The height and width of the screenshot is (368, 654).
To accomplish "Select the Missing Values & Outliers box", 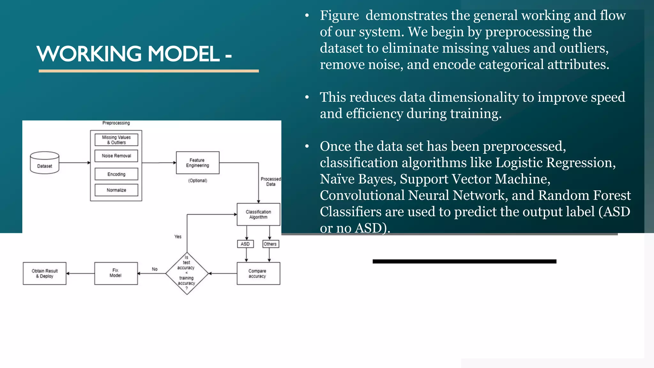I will pyautogui.click(x=116, y=140).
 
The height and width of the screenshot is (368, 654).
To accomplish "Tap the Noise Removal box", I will pyautogui.click(x=116, y=156).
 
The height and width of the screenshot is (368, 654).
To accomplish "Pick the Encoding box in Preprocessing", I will pyautogui.click(x=116, y=174).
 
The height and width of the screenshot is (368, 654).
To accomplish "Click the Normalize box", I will pyautogui.click(x=116, y=190).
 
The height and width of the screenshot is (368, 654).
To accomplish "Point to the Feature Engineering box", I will pyautogui.click(x=198, y=163).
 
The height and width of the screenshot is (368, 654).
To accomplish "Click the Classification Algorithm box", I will pyautogui.click(x=258, y=214).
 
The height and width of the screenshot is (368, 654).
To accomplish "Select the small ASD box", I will pyautogui.click(x=245, y=244).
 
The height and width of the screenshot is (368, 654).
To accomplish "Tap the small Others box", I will pyautogui.click(x=270, y=244).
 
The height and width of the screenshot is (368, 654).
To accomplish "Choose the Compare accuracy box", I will pyautogui.click(x=258, y=273).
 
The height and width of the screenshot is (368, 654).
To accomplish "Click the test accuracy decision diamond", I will pyautogui.click(x=187, y=273).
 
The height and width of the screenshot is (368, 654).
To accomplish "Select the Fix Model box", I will pyautogui.click(x=116, y=273).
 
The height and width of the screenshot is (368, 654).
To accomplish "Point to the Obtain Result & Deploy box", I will pyautogui.click(x=45, y=273).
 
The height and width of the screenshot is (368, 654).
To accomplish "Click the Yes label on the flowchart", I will pyautogui.click(x=178, y=237).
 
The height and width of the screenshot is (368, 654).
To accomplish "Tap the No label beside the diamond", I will pyautogui.click(x=155, y=269).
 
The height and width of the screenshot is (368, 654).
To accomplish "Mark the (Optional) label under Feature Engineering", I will pyautogui.click(x=198, y=180).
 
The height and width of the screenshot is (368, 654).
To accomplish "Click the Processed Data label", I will pyautogui.click(x=271, y=181).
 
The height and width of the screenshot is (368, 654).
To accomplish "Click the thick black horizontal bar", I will pyautogui.click(x=464, y=261).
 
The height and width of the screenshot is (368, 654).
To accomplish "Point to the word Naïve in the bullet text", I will pyautogui.click(x=338, y=179).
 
